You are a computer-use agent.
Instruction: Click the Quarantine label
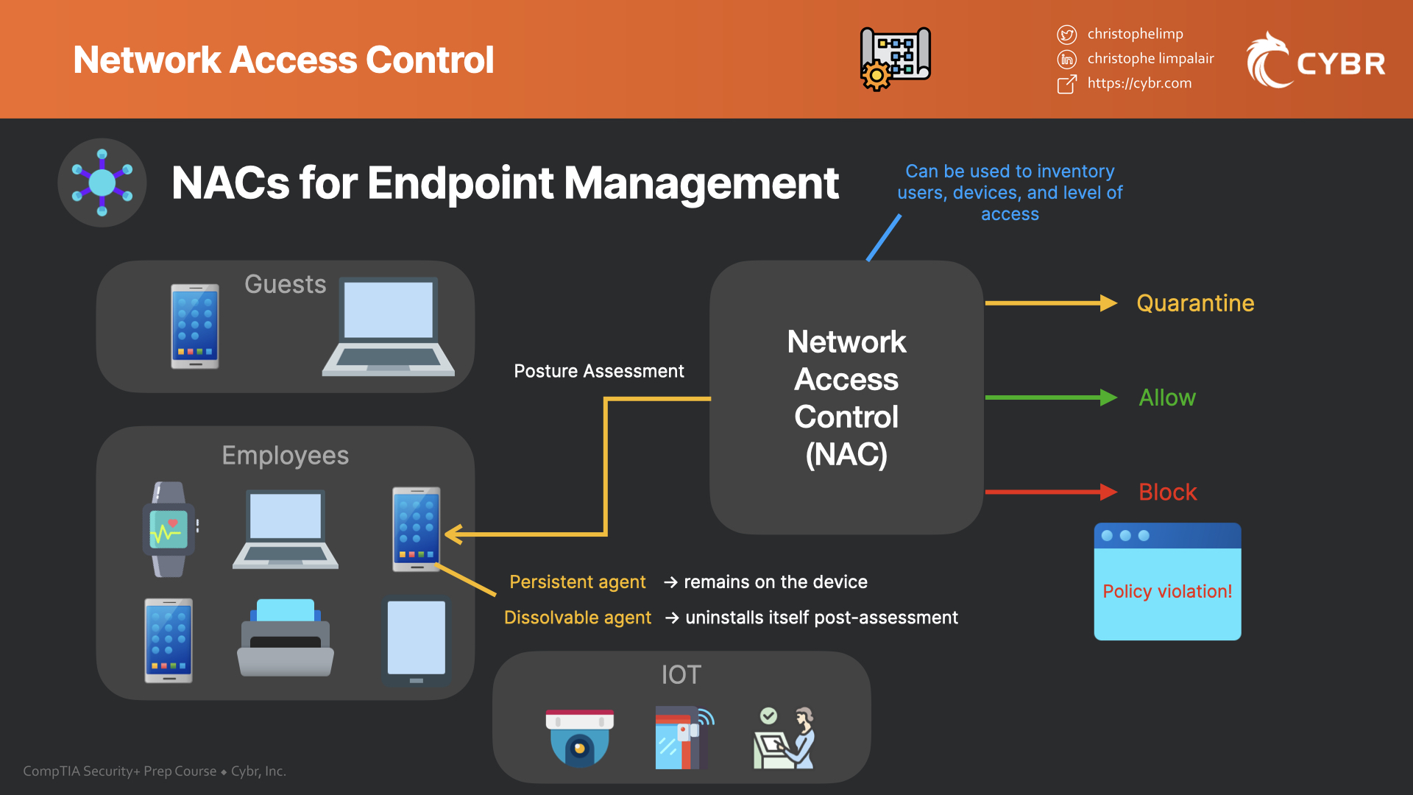click(1194, 303)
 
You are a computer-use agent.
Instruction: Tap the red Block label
click(1167, 492)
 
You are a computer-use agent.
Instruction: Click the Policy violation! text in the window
click(1167, 591)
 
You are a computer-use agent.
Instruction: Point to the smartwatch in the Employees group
click(169, 529)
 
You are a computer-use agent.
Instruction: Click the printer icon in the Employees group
click(286, 637)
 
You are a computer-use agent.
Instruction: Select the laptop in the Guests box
click(389, 327)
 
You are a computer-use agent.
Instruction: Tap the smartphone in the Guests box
click(194, 326)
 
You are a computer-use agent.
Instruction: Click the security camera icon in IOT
click(579, 738)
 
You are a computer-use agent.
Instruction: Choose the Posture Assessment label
click(598, 371)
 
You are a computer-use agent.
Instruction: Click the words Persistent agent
click(577, 582)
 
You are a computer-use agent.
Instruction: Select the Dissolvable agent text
click(577, 618)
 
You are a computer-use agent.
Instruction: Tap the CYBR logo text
click(1340, 64)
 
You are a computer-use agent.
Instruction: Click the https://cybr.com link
click(1139, 83)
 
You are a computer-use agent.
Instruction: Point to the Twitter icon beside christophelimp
click(1066, 35)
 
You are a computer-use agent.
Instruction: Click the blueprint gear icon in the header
click(895, 59)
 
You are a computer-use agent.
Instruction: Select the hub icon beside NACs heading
click(102, 183)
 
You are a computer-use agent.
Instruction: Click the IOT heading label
click(681, 674)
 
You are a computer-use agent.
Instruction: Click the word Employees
click(286, 456)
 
